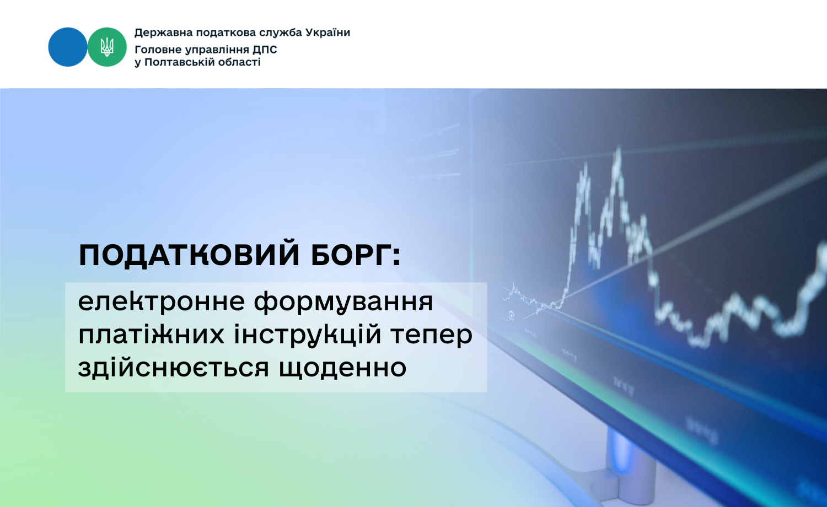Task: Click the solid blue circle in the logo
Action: [x=68, y=47]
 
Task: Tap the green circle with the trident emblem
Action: [x=107, y=47]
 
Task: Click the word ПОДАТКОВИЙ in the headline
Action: [x=189, y=255]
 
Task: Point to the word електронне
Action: [x=162, y=302]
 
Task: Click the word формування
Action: [x=343, y=303]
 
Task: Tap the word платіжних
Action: [x=152, y=335]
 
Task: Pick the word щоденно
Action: [x=342, y=368]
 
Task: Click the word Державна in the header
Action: [x=164, y=33]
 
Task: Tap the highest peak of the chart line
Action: [x=618, y=148]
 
